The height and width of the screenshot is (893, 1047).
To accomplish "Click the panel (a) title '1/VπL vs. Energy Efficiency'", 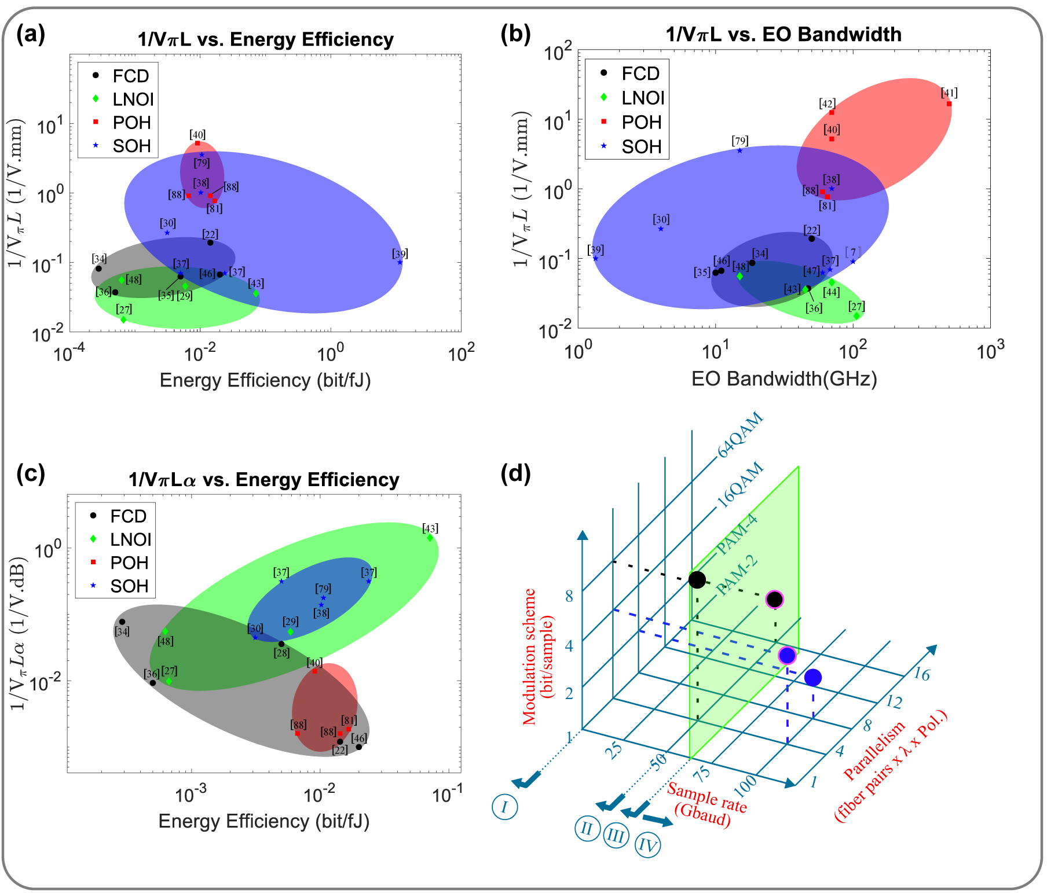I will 265,39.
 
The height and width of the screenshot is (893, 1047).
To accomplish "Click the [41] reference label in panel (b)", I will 949,93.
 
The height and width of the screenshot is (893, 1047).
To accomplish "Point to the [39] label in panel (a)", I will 400,253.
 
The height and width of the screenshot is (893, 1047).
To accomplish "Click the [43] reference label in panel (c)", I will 430,528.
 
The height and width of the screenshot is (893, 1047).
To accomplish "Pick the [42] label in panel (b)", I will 827,104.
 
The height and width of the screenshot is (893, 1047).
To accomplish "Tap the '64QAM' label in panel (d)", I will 741,435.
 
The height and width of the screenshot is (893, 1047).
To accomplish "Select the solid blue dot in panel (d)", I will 812,677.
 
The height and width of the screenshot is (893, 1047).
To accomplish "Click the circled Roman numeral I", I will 504,806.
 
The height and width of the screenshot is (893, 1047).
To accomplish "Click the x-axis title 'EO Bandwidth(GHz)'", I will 784,378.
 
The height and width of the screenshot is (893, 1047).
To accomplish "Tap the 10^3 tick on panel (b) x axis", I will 990,350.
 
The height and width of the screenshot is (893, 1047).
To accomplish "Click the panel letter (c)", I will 30,473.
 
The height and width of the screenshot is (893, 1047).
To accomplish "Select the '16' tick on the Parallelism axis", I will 921,674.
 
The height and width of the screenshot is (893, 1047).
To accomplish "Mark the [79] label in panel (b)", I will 740,141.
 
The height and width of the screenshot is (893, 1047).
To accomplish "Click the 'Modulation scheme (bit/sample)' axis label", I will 538,657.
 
